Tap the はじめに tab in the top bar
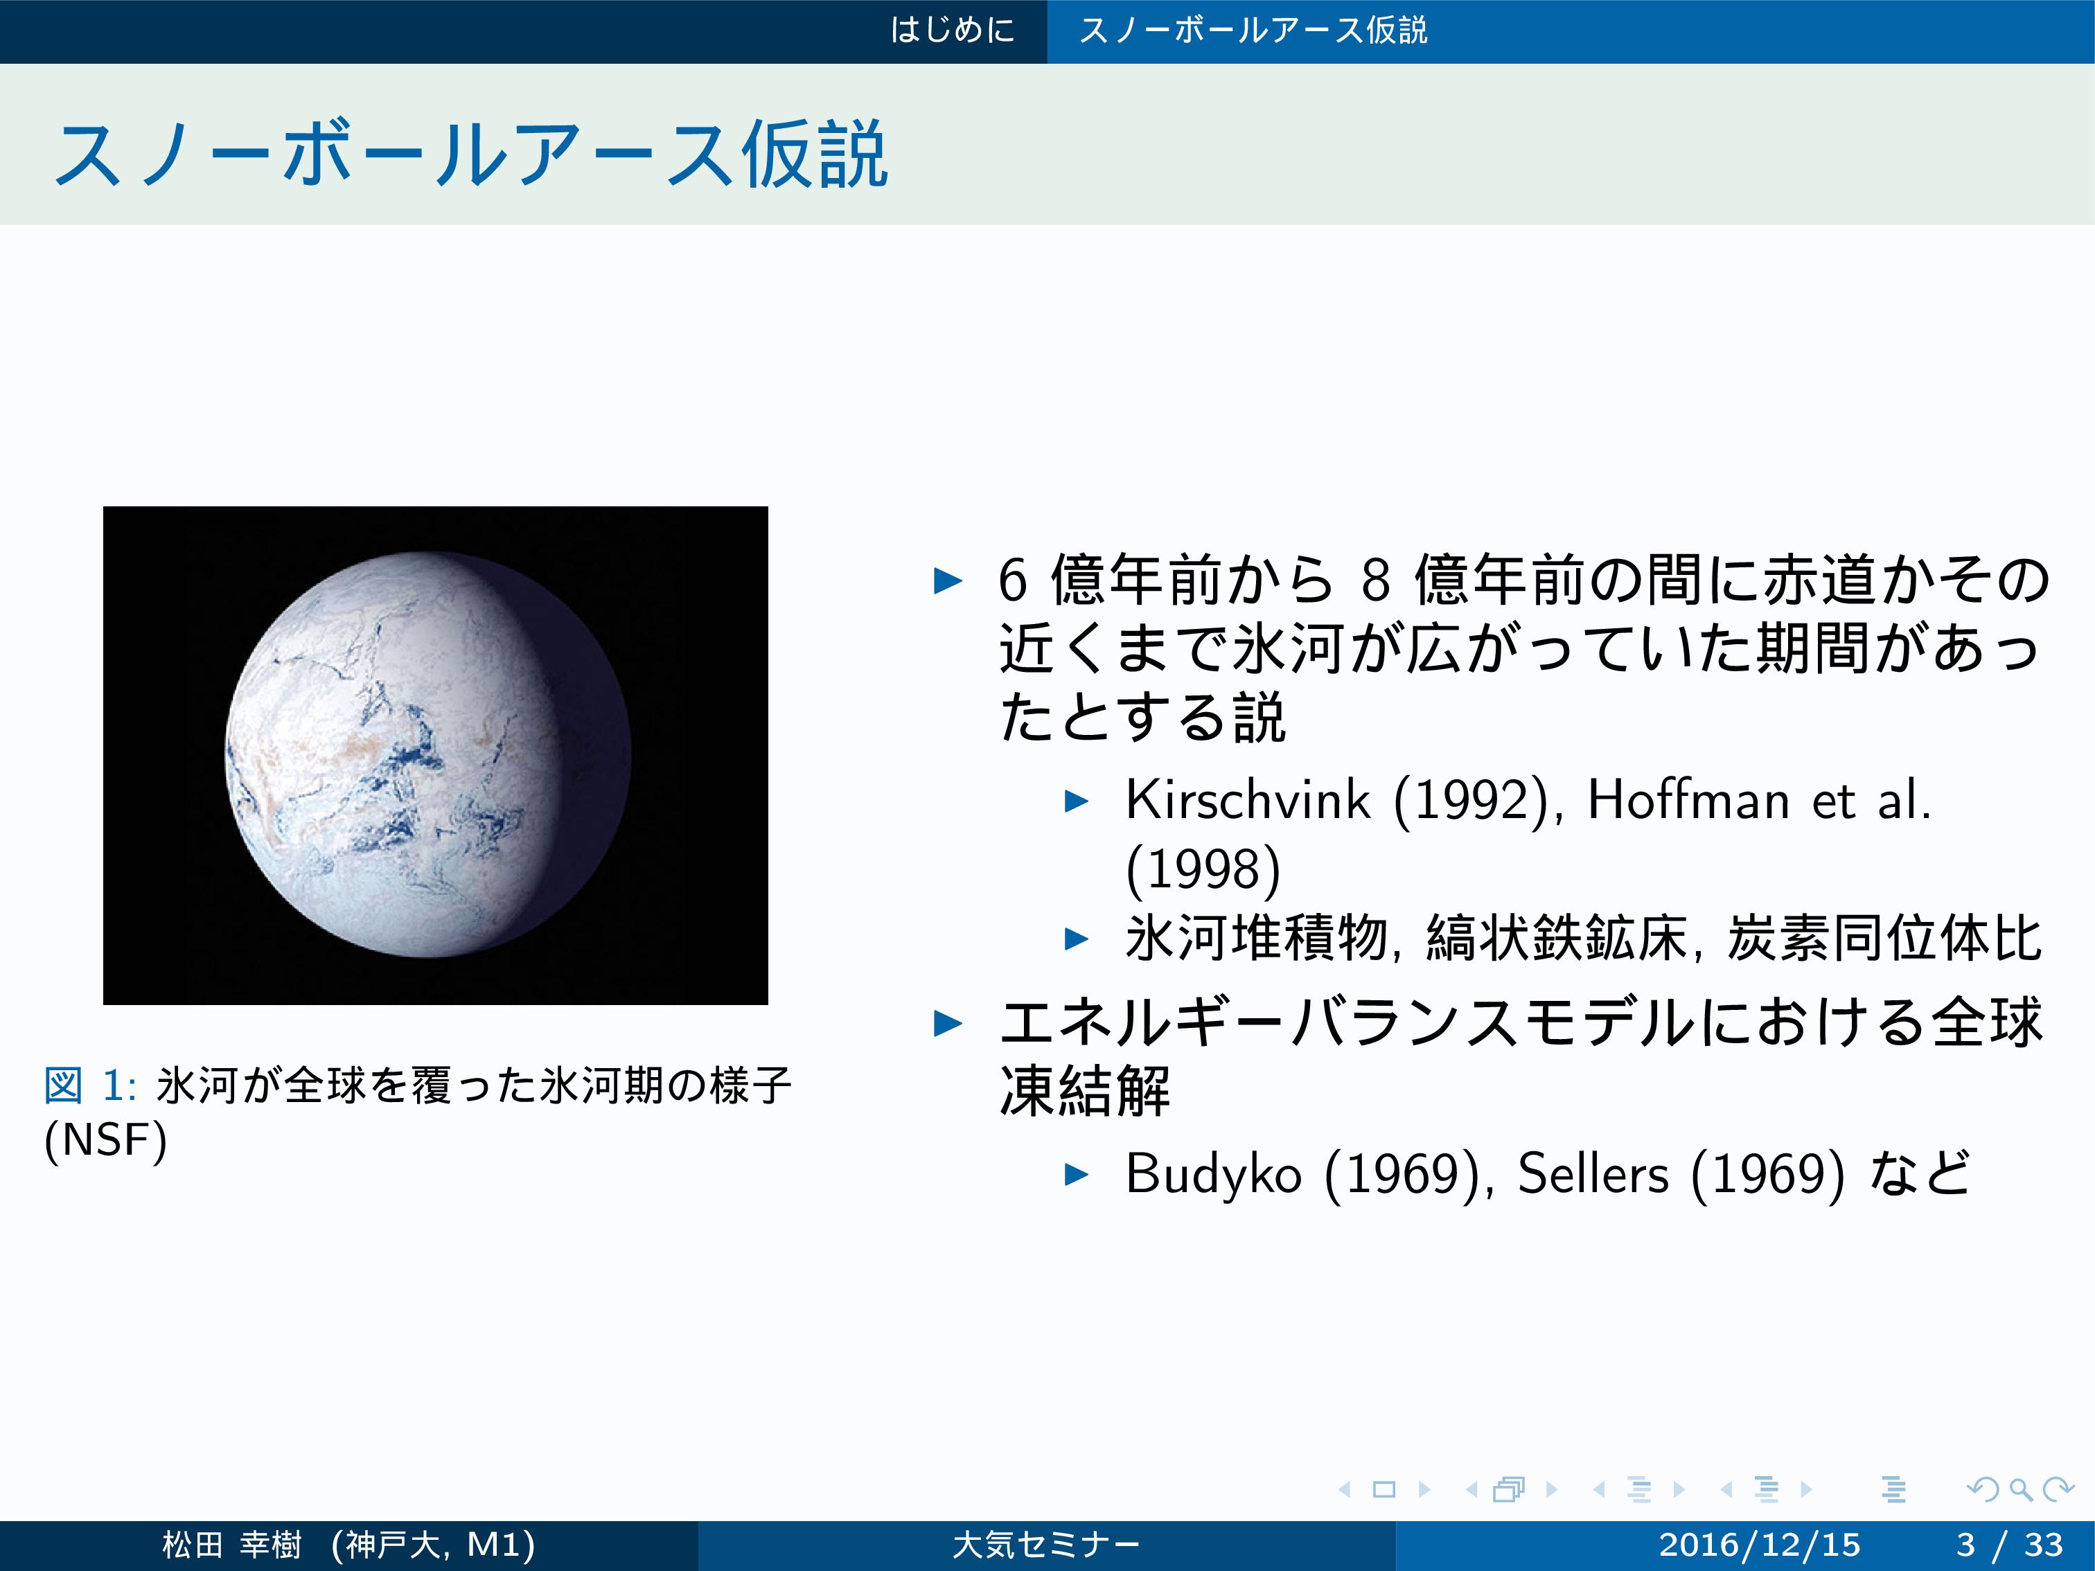[x=952, y=30]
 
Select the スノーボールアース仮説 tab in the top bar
[x=1253, y=30]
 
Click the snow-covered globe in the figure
[x=428, y=755]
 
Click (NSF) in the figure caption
[x=105, y=1139]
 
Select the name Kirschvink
[x=1247, y=799]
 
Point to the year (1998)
[x=1203, y=869]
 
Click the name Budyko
[x=1213, y=1174]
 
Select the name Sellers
[x=1592, y=1174]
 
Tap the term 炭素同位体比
[x=1884, y=939]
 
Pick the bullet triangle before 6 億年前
[x=948, y=580]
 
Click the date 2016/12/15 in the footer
[x=1759, y=1545]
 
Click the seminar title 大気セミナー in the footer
[x=1047, y=1545]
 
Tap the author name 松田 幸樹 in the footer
[x=232, y=1545]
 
